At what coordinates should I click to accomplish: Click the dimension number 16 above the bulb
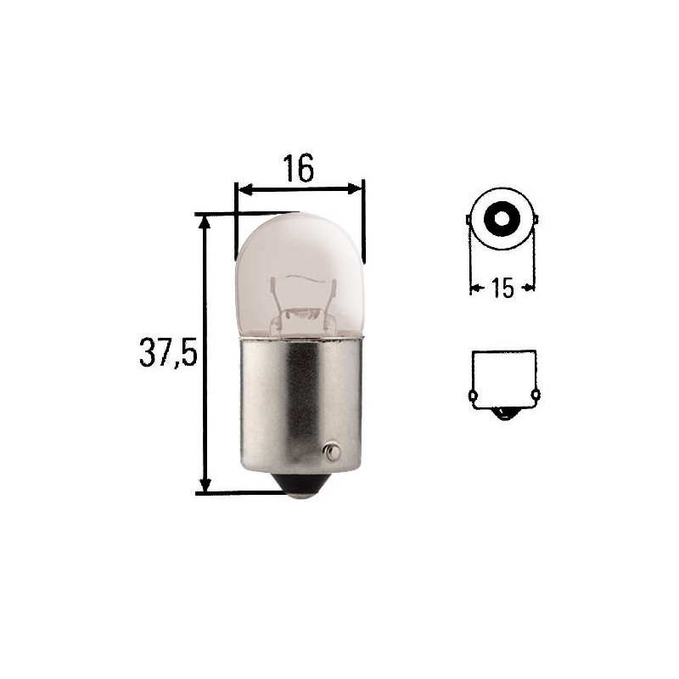[298, 168]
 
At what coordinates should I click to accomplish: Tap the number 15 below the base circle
[502, 288]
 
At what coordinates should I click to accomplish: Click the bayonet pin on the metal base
[332, 452]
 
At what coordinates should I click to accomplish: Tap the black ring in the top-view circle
[502, 219]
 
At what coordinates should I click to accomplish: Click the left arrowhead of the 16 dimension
[246, 189]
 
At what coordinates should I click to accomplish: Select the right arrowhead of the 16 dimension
[354, 188]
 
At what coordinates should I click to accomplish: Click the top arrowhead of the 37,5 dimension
[205, 222]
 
